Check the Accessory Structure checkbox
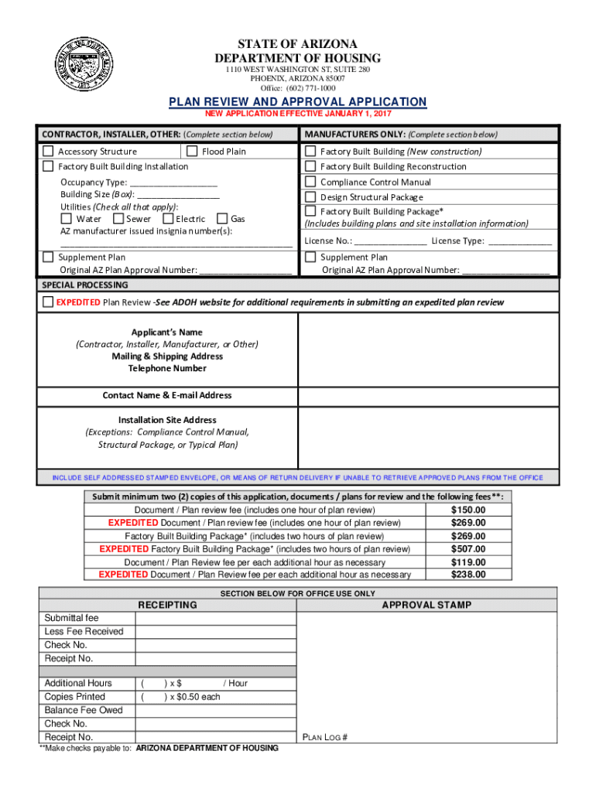(x=49, y=151)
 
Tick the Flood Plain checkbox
(x=193, y=151)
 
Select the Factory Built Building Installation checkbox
(x=49, y=166)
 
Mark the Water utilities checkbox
(x=66, y=219)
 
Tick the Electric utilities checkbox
(x=167, y=219)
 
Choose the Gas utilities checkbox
(x=223, y=219)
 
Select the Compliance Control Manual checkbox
(x=310, y=182)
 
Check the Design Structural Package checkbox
(x=310, y=196)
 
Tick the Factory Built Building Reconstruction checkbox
(x=310, y=166)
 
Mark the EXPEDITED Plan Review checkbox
(x=48, y=302)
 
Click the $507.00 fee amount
(x=468, y=549)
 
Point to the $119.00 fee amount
(x=468, y=562)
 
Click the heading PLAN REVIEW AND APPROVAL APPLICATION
(x=298, y=102)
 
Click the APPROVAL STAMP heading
(x=426, y=605)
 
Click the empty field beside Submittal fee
(x=216, y=618)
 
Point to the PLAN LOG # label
(x=324, y=737)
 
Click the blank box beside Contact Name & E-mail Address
(x=427, y=395)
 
